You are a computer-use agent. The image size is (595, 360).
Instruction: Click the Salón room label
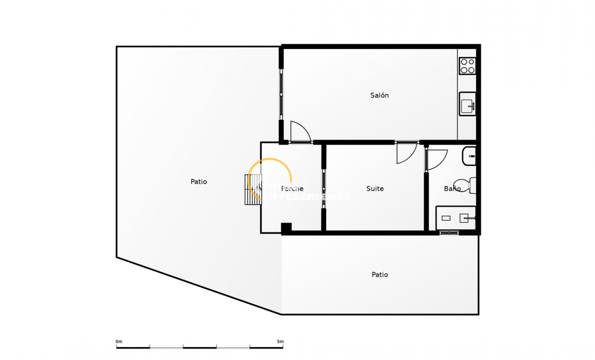tap(380, 96)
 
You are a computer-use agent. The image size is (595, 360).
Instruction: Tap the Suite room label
tap(375, 189)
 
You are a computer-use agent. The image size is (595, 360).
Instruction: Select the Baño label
tap(452, 189)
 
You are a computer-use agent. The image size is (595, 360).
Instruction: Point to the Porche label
tap(292, 189)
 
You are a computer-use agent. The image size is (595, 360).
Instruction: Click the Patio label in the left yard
tap(199, 182)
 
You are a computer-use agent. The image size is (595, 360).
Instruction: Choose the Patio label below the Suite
tap(380, 275)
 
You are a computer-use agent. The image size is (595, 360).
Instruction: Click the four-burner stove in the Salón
tap(467, 66)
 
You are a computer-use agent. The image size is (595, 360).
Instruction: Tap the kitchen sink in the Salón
tap(468, 104)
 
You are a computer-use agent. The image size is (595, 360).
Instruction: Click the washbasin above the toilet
tap(469, 156)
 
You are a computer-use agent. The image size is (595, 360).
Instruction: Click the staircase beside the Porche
tap(253, 189)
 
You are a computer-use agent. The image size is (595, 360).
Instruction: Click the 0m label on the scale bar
tap(119, 342)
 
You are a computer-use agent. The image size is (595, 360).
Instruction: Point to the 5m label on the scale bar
tap(280, 342)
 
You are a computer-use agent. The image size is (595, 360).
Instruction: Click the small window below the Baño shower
tap(449, 233)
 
